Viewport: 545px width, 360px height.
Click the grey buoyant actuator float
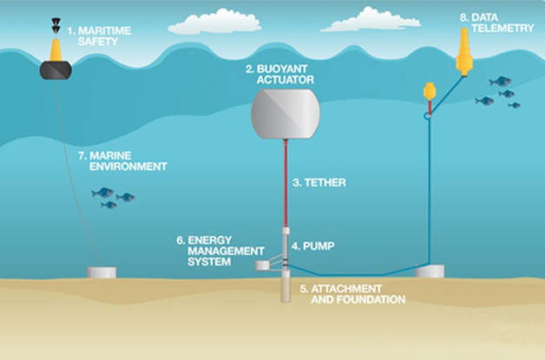point(285,115)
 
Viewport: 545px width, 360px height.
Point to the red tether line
point(286,182)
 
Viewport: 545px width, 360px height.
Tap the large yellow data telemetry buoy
point(465,51)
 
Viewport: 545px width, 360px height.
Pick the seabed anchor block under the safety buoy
point(101,272)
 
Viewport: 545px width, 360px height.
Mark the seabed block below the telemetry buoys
point(431,272)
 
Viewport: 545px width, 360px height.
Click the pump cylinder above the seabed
point(286,242)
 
